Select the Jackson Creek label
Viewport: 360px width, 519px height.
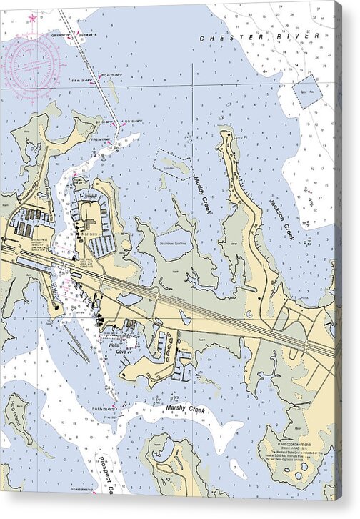(x=281, y=218)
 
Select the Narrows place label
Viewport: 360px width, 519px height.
(x=90, y=234)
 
